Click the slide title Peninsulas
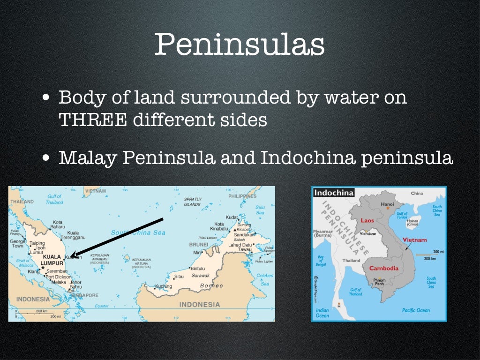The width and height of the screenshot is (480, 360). pos(239,45)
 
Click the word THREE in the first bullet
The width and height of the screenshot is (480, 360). pos(92,120)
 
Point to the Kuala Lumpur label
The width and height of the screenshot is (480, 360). pos(52,260)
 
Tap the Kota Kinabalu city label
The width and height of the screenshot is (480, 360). pos(219,227)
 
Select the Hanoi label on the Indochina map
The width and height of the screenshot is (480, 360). pos(388,204)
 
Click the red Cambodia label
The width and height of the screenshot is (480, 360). pos(383,268)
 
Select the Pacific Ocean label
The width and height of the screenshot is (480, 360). pos(416,310)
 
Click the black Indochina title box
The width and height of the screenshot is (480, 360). pos(333,193)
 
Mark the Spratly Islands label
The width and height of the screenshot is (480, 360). pos(192,202)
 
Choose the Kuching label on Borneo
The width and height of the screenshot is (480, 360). pos(164,286)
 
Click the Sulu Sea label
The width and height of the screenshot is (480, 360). pos(260,210)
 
